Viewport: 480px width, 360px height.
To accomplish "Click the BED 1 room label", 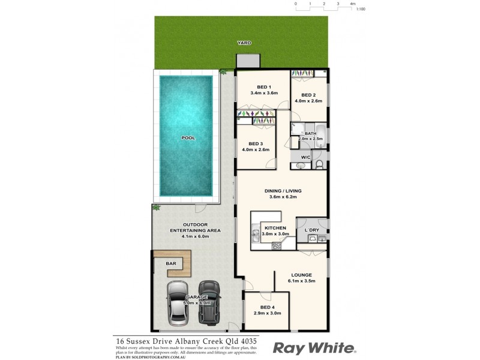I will (262, 86).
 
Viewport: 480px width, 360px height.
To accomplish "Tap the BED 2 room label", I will (308, 95).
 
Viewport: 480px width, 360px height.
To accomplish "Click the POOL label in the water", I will (188, 138).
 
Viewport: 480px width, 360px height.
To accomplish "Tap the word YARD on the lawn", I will (244, 43).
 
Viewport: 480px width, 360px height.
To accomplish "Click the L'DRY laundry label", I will (311, 230).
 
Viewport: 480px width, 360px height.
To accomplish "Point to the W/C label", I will (305, 158).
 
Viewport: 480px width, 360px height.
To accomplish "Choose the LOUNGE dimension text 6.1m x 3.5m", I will (301, 280).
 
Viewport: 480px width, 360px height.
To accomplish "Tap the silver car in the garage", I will (180, 304).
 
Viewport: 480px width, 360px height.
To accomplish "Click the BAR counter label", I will (170, 263).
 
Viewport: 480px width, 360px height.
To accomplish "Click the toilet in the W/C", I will (319, 163).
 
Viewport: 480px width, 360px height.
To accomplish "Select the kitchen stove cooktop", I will (277, 245).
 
